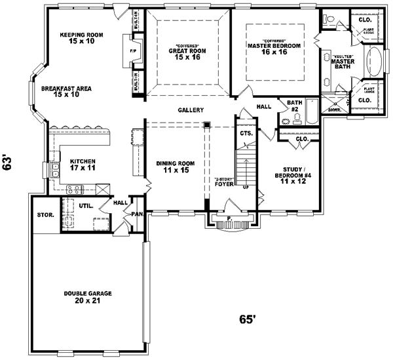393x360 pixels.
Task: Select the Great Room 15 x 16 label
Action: [187, 54]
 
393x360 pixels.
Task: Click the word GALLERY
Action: [191, 110]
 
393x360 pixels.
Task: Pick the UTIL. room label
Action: [86, 205]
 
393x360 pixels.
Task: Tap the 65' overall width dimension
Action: [246, 319]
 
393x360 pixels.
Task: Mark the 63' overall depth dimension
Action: [9, 162]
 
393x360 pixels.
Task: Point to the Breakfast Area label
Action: [65, 91]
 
